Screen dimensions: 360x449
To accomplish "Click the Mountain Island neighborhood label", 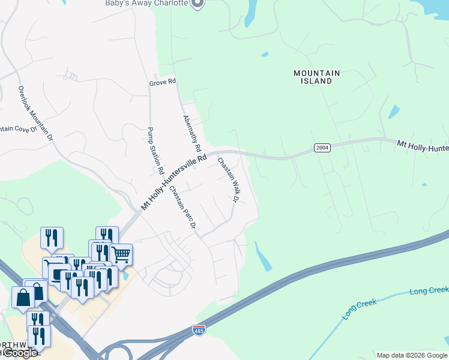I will (316, 77).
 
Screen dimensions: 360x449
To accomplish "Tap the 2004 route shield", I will (322, 148).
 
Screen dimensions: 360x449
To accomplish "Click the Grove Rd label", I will (163, 81).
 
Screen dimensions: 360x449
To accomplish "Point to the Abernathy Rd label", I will (193, 133).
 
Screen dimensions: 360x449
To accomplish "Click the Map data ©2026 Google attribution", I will (412, 355).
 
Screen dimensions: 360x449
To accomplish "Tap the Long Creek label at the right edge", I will (429, 291).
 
